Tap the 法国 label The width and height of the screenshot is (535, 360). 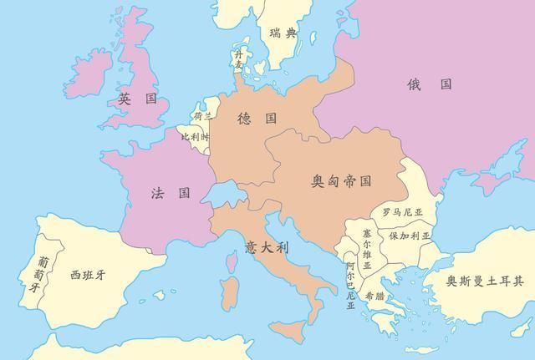(x=170, y=193)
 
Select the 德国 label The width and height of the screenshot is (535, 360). (x=257, y=118)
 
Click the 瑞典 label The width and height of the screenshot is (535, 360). (x=283, y=33)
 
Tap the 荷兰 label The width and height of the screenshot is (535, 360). (x=203, y=116)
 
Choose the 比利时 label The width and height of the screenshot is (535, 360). (x=196, y=135)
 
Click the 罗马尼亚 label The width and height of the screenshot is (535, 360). (x=403, y=212)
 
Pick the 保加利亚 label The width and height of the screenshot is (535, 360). (x=409, y=236)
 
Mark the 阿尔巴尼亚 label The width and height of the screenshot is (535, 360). (x=350, y=286)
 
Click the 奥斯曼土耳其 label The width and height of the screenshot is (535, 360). (x=484, y=281)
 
